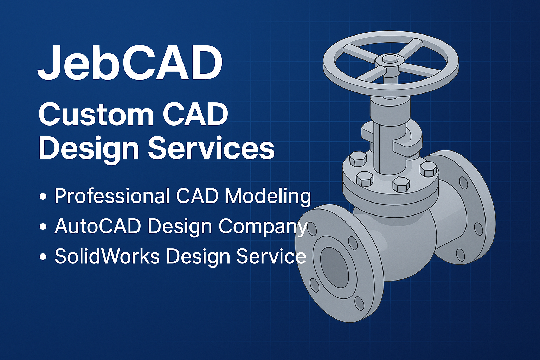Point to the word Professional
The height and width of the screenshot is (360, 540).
112,196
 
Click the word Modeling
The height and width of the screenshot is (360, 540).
268,196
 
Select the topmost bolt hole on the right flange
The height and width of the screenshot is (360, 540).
464,183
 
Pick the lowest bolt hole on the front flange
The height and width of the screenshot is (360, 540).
359,303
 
